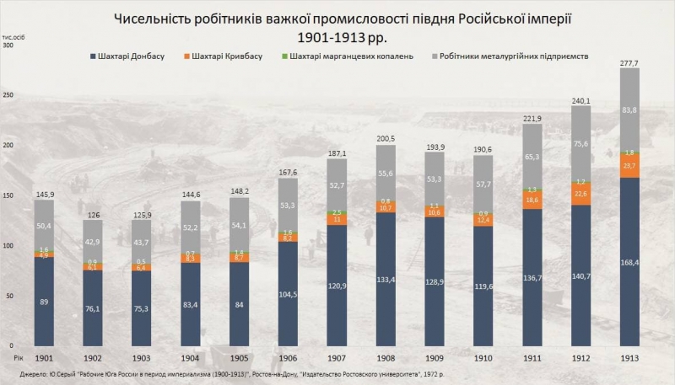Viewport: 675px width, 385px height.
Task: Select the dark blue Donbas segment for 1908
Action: click(x=384, y=278)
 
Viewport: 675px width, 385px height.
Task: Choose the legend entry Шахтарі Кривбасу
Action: click(x=228, y=57)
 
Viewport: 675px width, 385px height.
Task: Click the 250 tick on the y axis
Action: click(x=9, y=95)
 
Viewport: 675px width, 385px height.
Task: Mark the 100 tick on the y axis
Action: click(x=9, y=246)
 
